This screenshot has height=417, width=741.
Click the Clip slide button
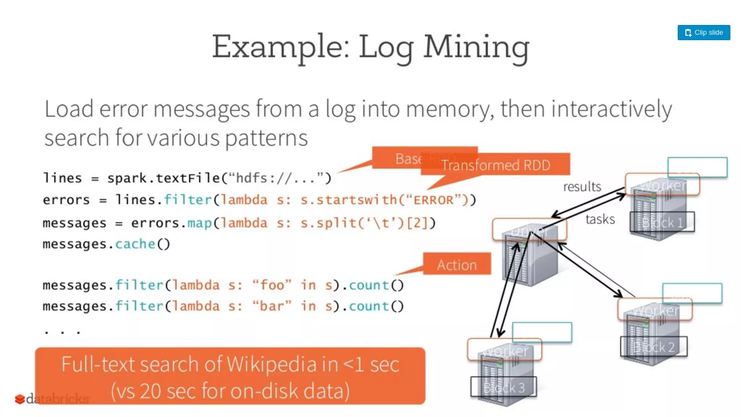(x=704, y=33)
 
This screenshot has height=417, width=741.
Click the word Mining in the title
(x=476, y=47)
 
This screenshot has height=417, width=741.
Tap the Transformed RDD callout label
(x=496, y=165)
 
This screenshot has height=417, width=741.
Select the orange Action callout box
(x=457, y=264)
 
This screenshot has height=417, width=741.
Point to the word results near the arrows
(x=582, y=187)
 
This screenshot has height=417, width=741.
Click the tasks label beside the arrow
(x=600, y=219)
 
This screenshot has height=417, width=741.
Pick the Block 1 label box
(x=662, y=222)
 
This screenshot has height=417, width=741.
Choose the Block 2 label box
(x=654, y=347)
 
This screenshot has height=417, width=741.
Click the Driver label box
(x=529, y=229)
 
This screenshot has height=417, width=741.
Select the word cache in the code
(x=135, y=244)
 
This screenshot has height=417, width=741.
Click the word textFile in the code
(x=188, y=178)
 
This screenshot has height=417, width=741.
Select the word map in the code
(x=199, y=223)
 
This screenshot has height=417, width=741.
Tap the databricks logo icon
(x=20, y=399)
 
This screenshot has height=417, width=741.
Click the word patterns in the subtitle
(x=266, y=138)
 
